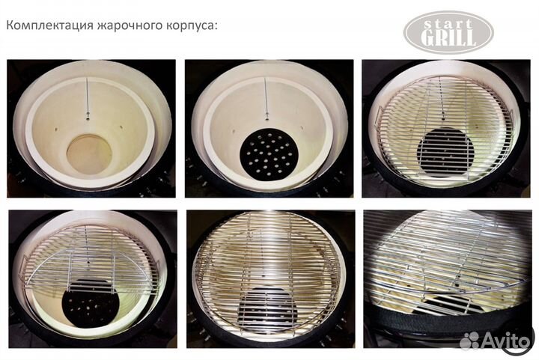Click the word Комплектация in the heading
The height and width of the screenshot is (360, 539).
pos(44,25)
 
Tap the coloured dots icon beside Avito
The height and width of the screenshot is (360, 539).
pos(469,341)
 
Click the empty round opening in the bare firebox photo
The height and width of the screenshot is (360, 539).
pos(89,154)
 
